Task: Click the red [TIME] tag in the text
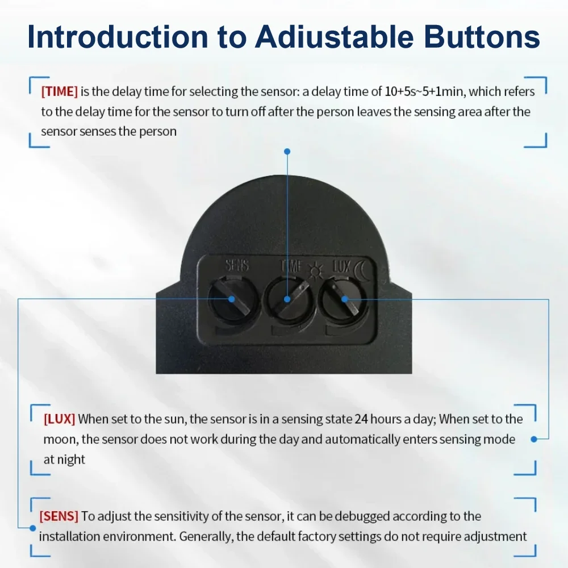pos(59,91)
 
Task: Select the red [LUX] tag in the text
pos(59,419)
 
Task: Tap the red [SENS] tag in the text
pos(59,516)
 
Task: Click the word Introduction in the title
pos(118,37)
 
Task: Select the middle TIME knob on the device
pos(286,299)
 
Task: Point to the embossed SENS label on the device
pos(237,265)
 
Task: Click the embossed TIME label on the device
pos(291,265)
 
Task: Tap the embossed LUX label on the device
pos(341,265)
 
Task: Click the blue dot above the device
pos(287,152)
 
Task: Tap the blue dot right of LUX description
pos(534,439)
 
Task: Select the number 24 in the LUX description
pos(361,419)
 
